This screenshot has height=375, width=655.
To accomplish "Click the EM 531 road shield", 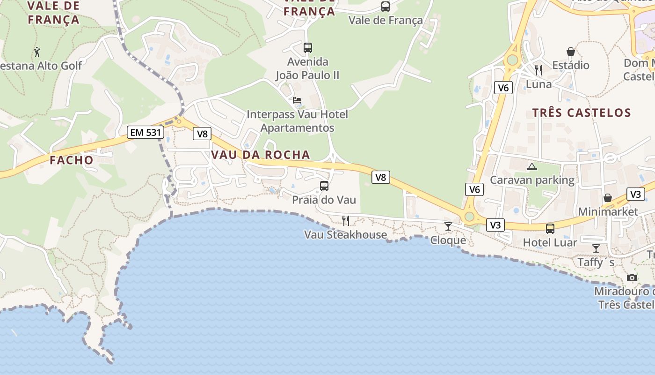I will (145, 132).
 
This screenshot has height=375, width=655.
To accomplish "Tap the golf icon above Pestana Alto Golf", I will (37, 52).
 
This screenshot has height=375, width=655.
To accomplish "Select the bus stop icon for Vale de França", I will (385, 7).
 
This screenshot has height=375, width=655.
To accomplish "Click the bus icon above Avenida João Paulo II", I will (307, 47).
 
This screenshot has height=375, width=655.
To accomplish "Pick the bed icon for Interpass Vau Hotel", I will (297, 100).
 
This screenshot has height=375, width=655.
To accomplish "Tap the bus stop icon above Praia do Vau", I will (324, 186).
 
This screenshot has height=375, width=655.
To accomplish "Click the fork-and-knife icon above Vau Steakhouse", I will (345, 220).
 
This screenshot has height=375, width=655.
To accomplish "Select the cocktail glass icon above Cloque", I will (448, 226).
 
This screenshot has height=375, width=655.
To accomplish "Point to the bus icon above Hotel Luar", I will (550, 228).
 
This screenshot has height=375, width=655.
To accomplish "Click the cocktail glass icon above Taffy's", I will (596, 248).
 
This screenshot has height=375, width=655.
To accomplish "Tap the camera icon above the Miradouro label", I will (632, 277).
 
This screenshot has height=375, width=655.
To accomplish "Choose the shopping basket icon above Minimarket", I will (607, 198).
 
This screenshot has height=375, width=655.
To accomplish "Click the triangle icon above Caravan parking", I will (531, 166).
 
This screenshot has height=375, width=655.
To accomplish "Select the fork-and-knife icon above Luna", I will (538, 70).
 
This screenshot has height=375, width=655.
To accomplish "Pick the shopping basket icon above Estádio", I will (570, 51).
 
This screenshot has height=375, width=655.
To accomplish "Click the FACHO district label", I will (72, 160).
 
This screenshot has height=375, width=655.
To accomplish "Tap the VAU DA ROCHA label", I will (261, 155).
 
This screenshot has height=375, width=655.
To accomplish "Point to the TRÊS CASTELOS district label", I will (582, 112).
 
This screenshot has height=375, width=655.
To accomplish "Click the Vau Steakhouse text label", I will (345, 234).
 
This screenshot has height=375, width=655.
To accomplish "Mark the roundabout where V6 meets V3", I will (469, 217).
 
